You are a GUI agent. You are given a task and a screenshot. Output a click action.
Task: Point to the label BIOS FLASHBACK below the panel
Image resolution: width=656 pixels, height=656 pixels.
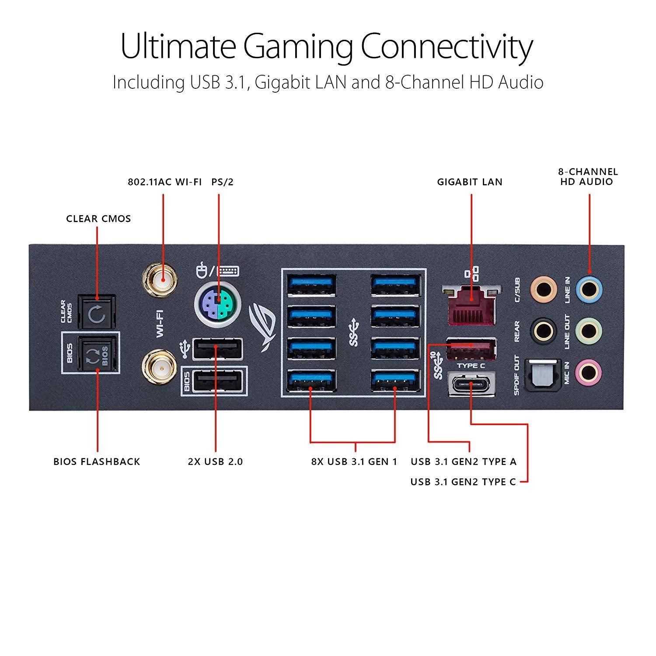(x=97, y=462)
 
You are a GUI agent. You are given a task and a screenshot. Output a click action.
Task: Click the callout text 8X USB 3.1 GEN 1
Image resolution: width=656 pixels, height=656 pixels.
(x=354, y=462)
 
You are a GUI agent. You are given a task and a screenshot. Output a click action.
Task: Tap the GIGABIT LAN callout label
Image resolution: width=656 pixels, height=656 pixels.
(x=470, y=182)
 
